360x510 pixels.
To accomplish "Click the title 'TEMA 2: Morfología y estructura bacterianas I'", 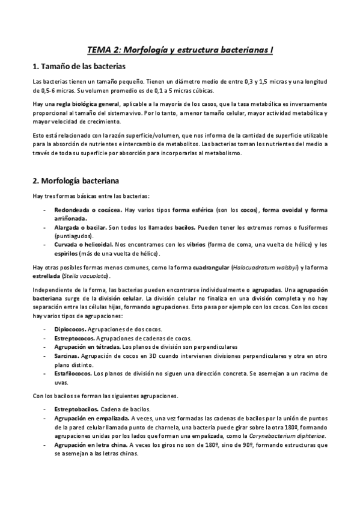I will tap(180, 52).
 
